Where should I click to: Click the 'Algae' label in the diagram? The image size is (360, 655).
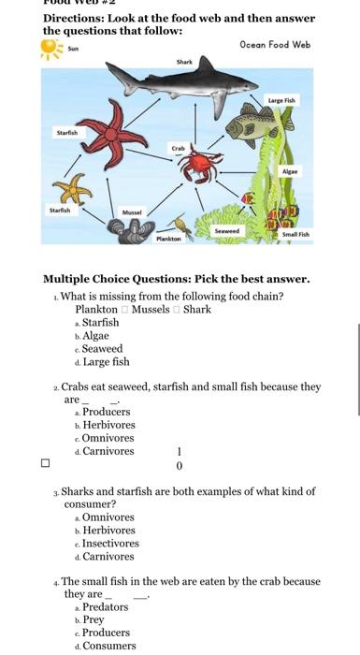tap(290, 172)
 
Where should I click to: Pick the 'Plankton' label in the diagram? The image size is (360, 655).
tap(168, 240)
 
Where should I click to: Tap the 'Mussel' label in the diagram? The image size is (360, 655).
tap(132, 213)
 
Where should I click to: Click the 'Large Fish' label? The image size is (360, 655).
tap(281, 99)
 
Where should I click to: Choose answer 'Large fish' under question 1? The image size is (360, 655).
tap(106, 361)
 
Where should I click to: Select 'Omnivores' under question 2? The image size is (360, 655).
tap(108, 437)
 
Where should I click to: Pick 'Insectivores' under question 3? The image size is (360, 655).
tap(110, 543)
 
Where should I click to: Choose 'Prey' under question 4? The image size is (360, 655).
tap(93, 619)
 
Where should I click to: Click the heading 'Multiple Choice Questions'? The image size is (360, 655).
tap(176, 279)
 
